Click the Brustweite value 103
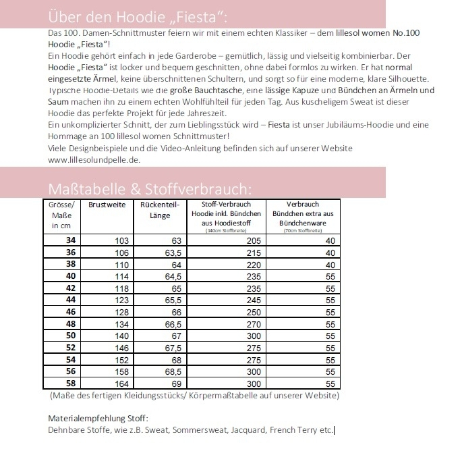[121, 241]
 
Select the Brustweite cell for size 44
[121, 300]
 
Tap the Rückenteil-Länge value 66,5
[173, 323]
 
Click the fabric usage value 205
[253, 241]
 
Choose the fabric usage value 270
[253, 323]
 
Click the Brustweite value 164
[121, 383]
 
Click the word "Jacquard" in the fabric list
[248, 429]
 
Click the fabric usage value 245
[253, 300]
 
